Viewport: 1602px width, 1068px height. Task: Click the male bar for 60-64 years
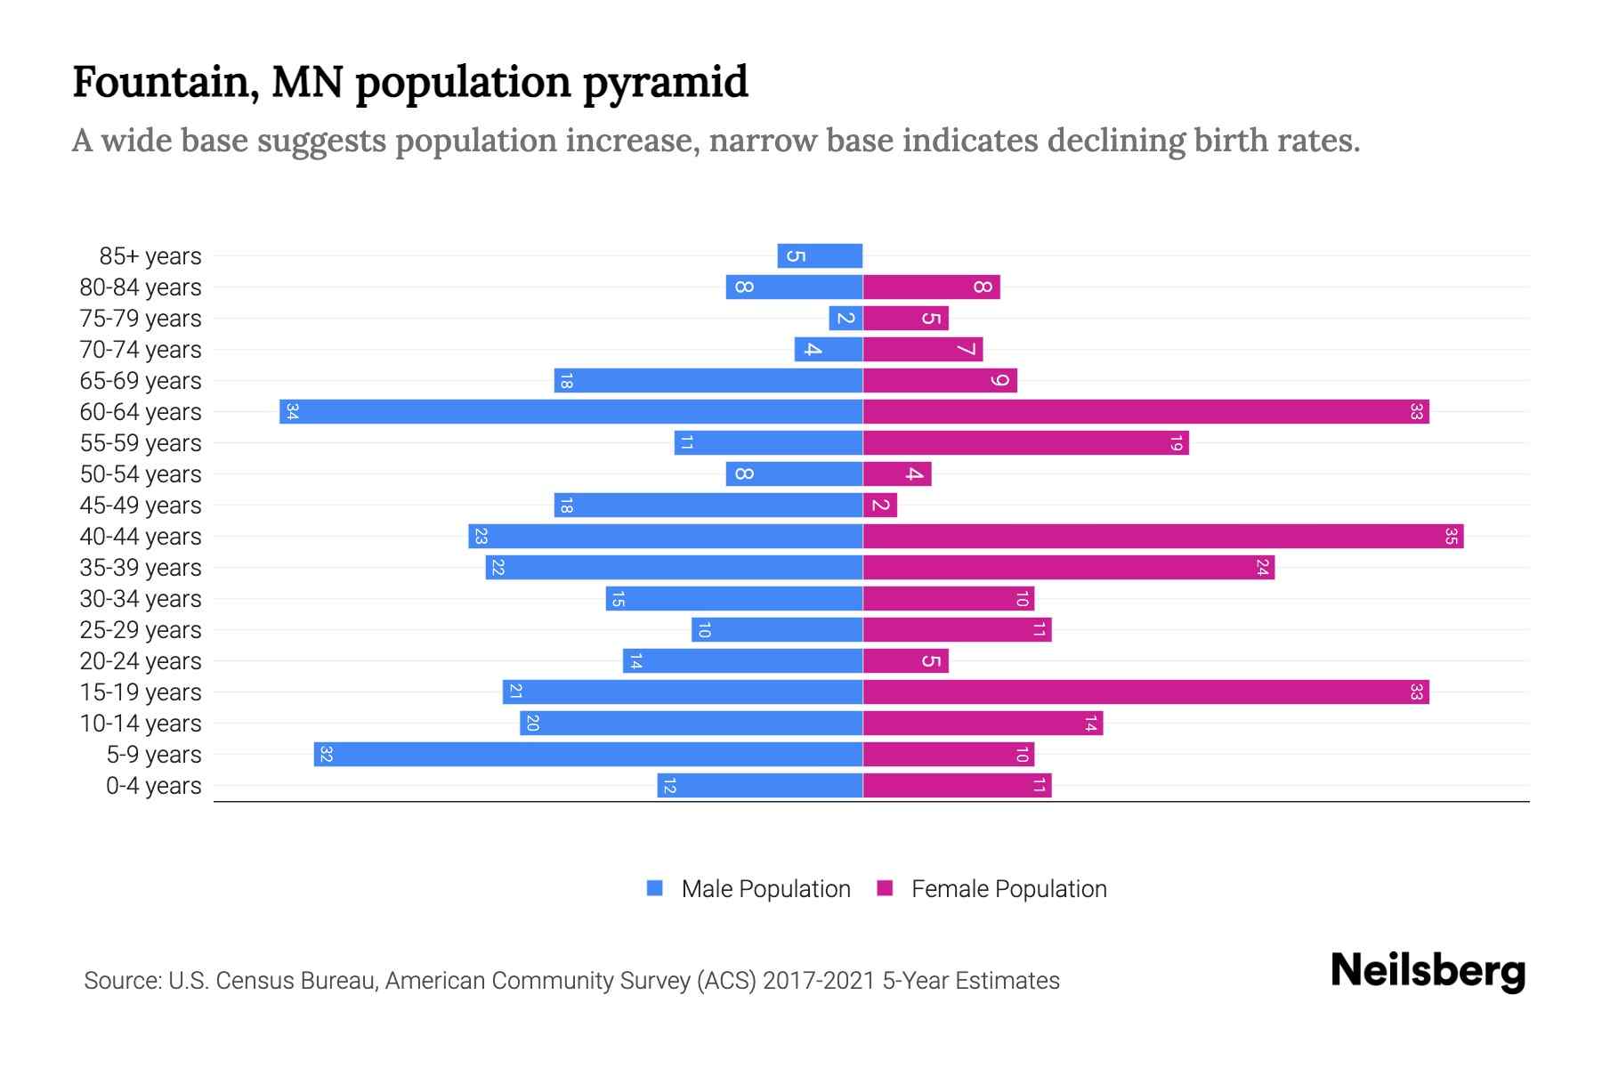570,412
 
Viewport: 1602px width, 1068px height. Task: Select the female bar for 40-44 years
1162,537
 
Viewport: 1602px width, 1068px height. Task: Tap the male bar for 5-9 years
587,755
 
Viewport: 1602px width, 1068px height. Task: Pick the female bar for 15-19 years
1145,692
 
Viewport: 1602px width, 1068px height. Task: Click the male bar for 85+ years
820,256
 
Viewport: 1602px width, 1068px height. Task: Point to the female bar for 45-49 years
880,506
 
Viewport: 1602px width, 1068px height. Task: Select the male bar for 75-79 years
845,319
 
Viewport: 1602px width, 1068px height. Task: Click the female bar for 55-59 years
1025,443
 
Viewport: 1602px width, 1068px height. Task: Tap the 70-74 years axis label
141,350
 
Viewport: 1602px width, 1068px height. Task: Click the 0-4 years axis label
153,786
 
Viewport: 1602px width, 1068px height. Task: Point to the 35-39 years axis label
141,568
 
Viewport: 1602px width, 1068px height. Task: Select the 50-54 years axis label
141,474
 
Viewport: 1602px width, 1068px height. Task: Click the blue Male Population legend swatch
655,888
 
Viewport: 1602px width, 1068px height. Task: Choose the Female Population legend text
1008,889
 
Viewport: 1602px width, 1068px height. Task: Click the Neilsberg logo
1428,970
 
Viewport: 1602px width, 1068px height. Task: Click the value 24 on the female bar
1262,568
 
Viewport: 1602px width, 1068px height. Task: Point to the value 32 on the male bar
326,755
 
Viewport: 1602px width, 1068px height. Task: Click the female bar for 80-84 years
931,287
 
